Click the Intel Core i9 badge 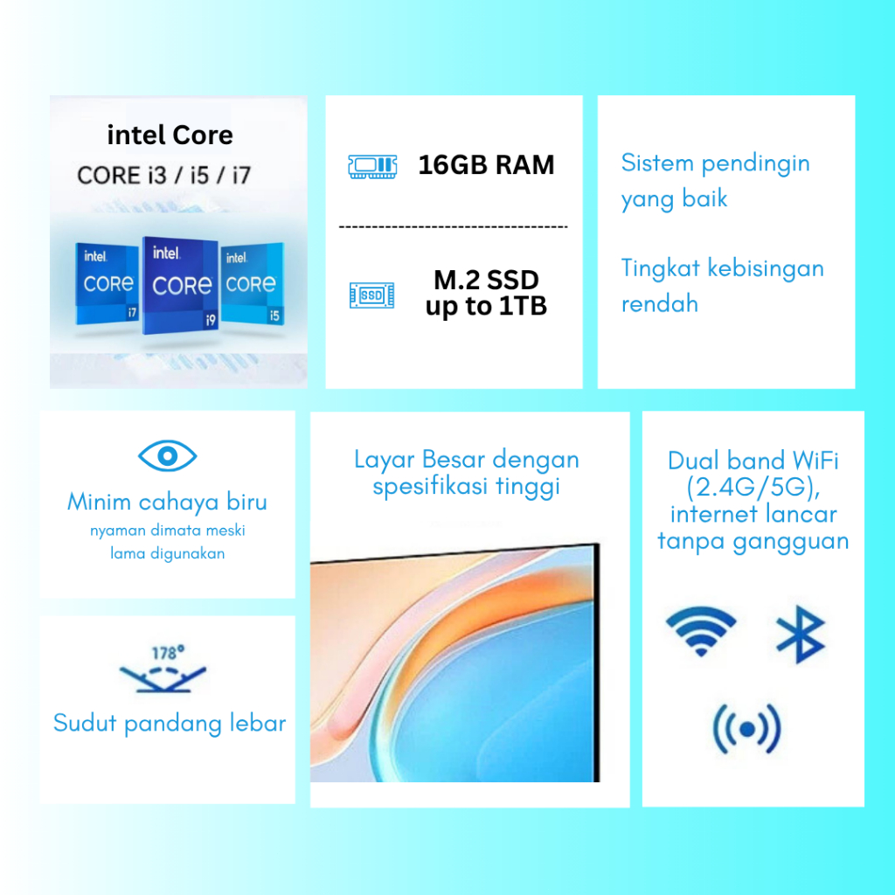point(180,285)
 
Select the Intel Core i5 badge point(253,284)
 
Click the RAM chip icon point(372,166)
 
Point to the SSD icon point(372,295)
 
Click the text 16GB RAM point(486,165)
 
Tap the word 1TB point(524,306)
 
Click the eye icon point(167,455)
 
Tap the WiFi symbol point(702,630)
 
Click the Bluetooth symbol point(801,635)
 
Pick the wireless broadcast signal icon point(746,729)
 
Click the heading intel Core point(170,135)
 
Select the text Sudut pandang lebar point(170,724)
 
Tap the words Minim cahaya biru point(167,503)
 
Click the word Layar point(385,460)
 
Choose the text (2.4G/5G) point(753,488)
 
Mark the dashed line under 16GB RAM point(454,227)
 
